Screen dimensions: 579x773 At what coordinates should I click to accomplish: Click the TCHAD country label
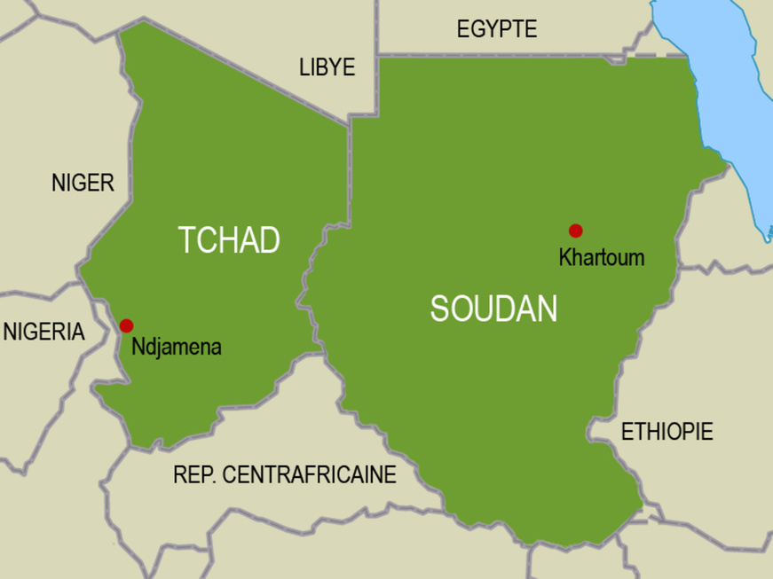[x=229, y=240]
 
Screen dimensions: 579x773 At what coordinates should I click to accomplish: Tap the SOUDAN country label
[x=493, y=309]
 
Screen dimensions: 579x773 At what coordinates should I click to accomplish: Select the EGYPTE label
[x=497, y=29]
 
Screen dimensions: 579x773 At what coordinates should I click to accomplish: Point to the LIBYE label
[x=327, y=67]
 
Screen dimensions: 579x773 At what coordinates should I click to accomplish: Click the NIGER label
[x=83, y=184]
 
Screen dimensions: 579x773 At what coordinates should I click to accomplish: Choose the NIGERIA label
[x=44, y=333]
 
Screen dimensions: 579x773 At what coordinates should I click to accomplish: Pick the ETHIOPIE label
[x=667, y=433]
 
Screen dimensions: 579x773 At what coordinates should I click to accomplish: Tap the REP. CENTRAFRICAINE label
[x=284, y=475]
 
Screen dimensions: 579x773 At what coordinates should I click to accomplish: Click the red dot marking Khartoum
[x=575, y=231]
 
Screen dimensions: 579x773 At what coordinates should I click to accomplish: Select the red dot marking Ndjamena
[x=126, y=325]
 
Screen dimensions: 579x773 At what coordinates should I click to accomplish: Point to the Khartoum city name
[x=601, y=258]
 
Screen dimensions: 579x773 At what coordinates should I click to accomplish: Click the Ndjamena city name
[x=176, y=347]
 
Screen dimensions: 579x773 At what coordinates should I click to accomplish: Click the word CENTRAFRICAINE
[x=310, y=475]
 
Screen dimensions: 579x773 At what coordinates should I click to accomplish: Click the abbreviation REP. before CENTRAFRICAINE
[x=193, y=475]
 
